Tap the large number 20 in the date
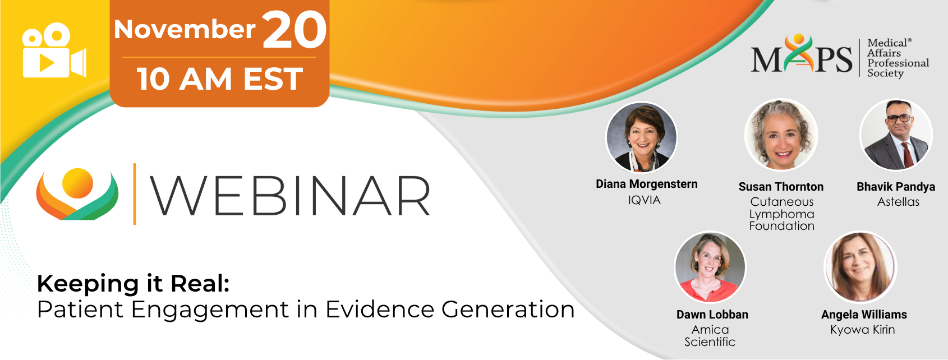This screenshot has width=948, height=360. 294,30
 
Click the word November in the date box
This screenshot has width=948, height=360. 185,30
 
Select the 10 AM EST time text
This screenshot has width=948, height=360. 220,79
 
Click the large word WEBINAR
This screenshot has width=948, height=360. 290,196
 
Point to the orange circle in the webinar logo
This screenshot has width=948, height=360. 77,183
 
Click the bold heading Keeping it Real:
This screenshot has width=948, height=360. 134,283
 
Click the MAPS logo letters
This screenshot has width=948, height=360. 801,55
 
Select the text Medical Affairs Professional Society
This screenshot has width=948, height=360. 898,58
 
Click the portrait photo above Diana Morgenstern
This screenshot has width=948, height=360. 641,137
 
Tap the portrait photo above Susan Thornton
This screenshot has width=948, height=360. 781,135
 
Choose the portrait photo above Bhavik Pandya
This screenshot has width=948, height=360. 896,135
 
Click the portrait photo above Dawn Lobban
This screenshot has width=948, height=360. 710,267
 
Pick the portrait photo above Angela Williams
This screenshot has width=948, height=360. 860,267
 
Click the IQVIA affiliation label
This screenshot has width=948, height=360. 644,200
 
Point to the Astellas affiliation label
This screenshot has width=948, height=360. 898,202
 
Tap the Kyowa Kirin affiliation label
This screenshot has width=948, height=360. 863,330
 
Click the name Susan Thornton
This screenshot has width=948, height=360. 781,187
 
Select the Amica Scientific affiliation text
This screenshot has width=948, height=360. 710,335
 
